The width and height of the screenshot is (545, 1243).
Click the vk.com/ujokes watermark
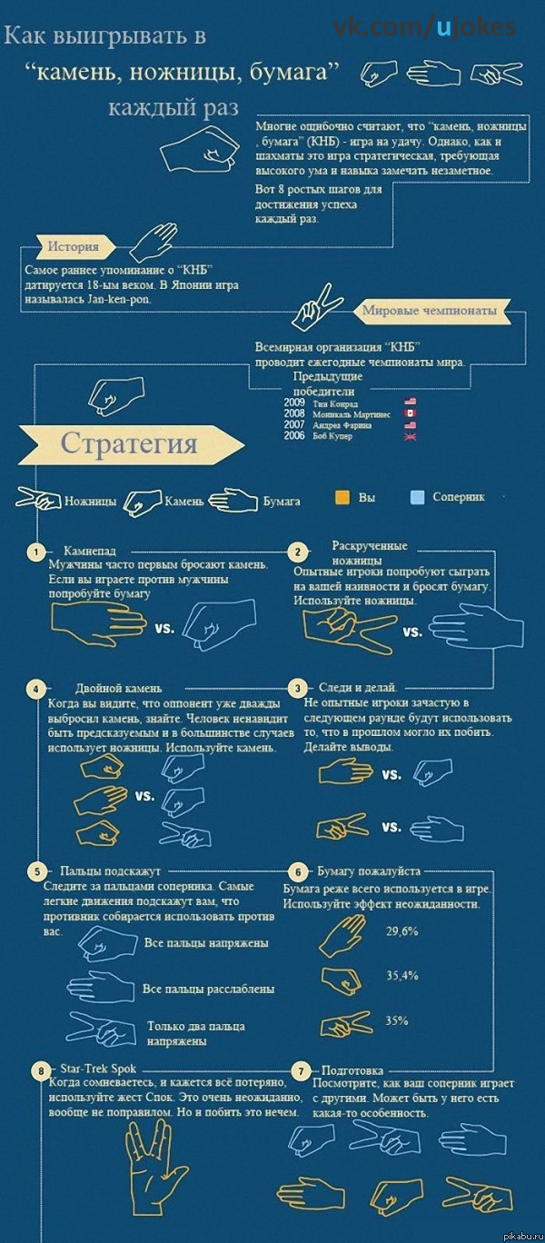coord(424,27)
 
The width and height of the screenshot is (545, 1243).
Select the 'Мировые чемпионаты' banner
coord(430,312)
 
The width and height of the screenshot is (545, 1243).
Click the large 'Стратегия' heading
coord(129,443)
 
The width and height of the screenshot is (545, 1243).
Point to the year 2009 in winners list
coord(294,403)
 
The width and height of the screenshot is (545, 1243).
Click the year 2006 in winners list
coord(294,436)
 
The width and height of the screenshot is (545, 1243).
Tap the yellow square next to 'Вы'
coord(342,498)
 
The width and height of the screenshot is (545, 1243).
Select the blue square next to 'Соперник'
coord(417,498)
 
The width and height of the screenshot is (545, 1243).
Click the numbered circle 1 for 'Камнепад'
coord(35,552)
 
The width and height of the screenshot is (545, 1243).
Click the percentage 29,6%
coord(401,931)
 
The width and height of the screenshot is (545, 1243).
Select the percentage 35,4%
coord(401,976)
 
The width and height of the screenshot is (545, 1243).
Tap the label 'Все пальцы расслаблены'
coord(208,989)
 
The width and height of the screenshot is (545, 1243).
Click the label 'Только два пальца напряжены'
coord(196,1034)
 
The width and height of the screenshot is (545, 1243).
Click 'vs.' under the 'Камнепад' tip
coord(164,628)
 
